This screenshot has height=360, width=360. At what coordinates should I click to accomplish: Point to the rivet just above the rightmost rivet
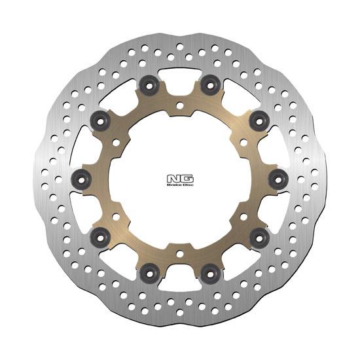coord(259,118)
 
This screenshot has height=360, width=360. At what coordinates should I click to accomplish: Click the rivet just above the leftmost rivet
coord(101,118)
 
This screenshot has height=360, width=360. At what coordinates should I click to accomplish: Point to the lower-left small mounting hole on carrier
coord(117,212)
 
